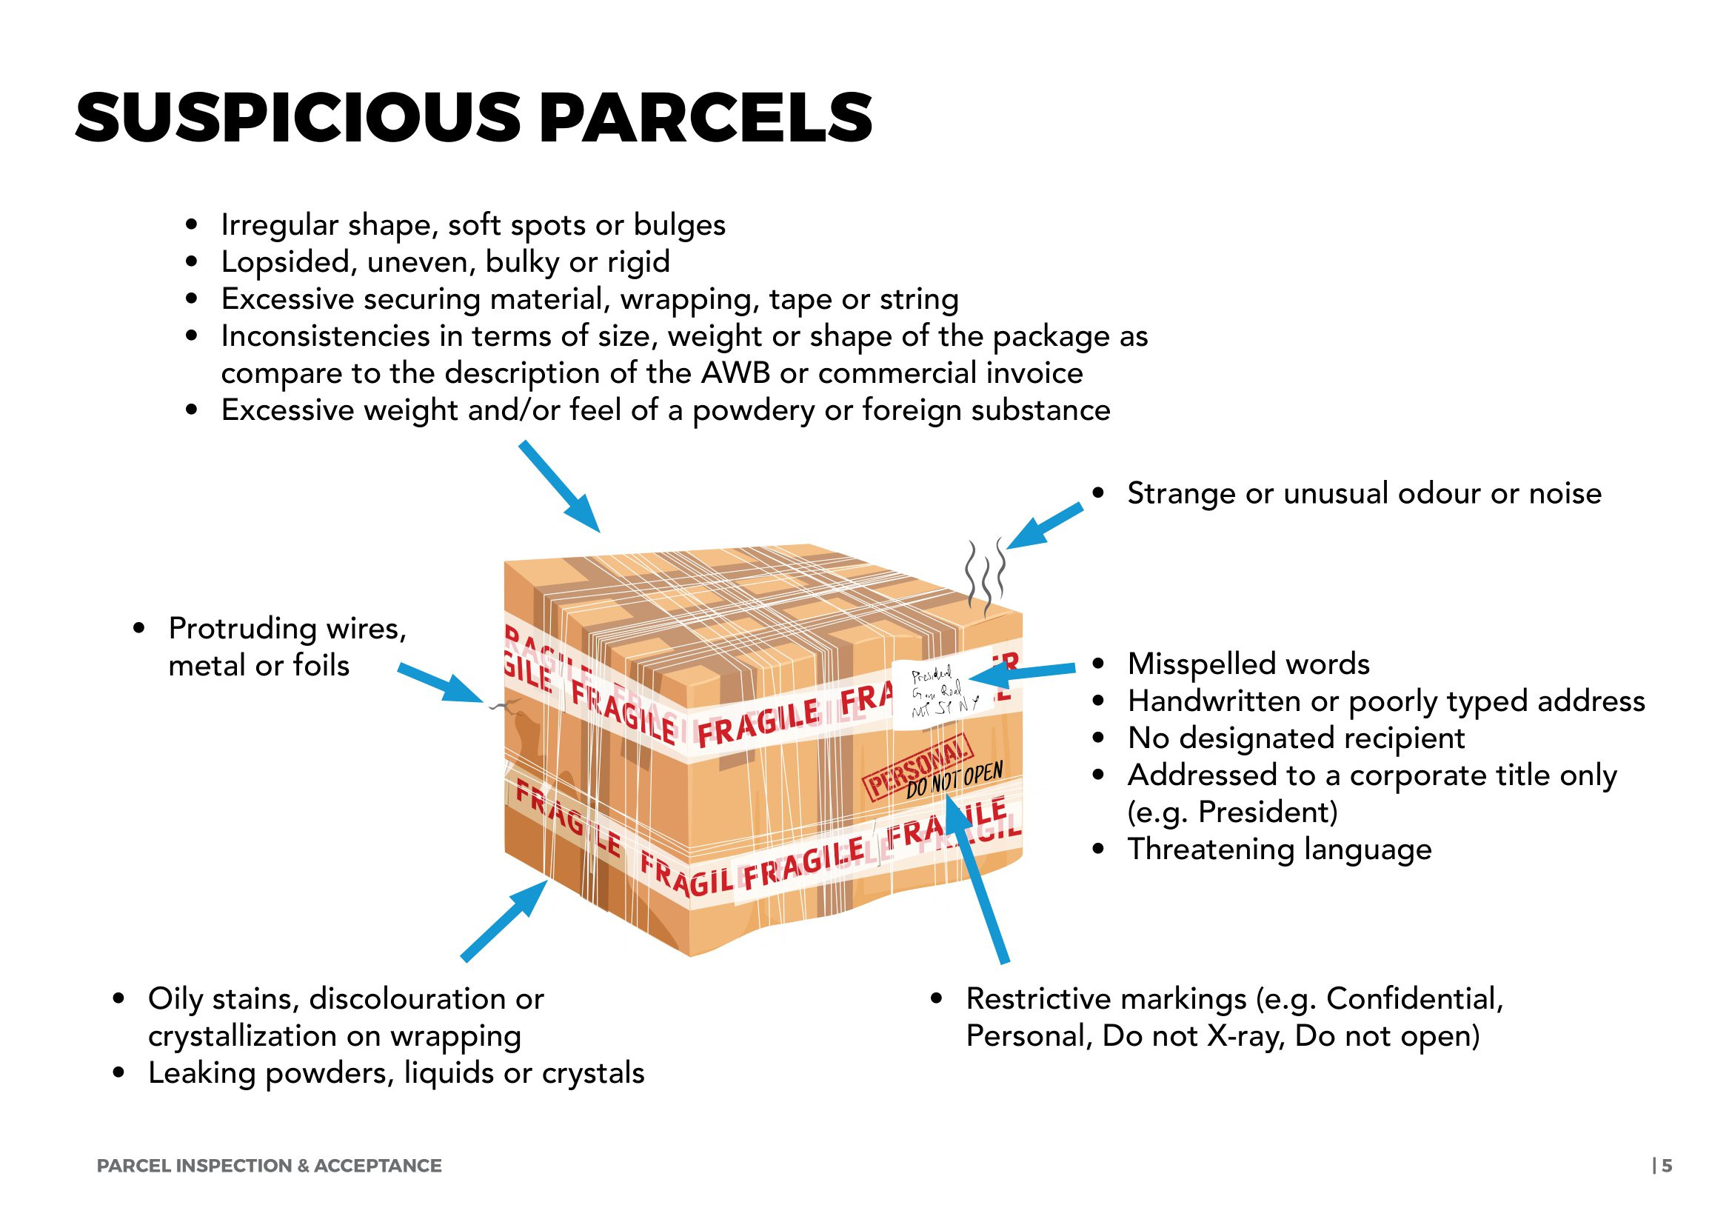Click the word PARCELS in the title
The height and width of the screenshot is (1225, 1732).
pyautogui.click(x=706, y=118)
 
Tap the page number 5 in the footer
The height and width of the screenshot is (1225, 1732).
pyautogui.click(x=1666, y=1166)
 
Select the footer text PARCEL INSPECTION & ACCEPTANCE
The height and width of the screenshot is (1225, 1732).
pyautogui.click(x=270, y=1166)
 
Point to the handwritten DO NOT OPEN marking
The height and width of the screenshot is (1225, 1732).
pyautogui.click(x=954, y=780)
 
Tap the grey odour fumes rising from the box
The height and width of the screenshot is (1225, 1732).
pyautogui.click(x=986, y=577)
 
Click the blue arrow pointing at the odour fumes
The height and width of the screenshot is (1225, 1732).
pyautogui.click(x=1045, y=526)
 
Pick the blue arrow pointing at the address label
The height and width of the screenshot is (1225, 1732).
pyautogui.click(x=1020, y=672)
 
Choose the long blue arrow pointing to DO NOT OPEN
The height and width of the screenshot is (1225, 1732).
pyautogui.click(x=976, y=880)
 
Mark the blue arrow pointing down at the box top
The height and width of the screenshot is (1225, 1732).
pyautogui.click(x=559, y=487)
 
